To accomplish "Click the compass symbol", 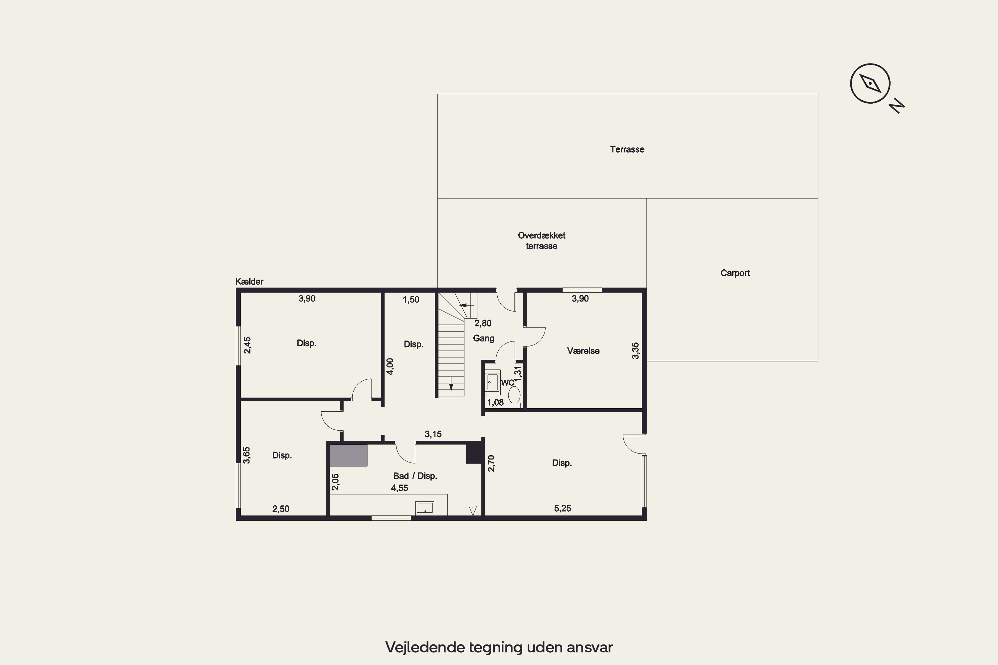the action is pos(870,83).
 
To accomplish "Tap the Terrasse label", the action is pos(627,149).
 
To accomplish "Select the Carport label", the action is pos(735,273).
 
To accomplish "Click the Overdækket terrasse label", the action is pos(542,240).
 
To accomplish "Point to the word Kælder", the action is pos(249,282).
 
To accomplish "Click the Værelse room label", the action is pos(583,351).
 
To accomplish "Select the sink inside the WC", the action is pos(492,382).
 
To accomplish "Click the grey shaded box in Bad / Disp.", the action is pos(348,455).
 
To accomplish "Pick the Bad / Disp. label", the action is pos(415,476).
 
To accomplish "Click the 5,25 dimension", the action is pos(563,508).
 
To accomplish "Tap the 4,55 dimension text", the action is pos(400,488).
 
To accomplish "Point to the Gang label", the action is pos(484,338).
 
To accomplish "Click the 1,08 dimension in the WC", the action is pos(495,402).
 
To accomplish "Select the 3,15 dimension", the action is pos(433,434).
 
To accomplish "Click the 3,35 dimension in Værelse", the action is pos(635,351).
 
